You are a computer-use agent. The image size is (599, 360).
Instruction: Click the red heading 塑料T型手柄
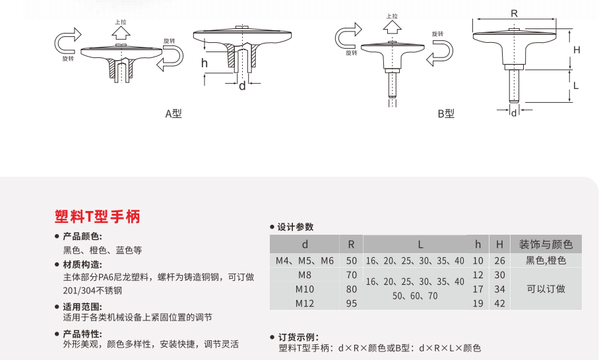pos(98,216)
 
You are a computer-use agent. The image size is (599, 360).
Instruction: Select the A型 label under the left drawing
pos(173,113)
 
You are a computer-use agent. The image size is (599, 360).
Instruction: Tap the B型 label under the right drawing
pos(446,113)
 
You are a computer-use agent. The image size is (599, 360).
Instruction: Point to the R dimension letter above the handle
pos(514,13)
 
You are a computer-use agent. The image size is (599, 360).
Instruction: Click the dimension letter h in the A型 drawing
pos(205,63)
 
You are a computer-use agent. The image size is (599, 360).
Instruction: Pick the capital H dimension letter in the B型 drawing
pos(576,50)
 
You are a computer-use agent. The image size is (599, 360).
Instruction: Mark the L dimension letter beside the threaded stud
pos(576,85)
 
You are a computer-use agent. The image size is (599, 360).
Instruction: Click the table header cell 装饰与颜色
pos(546,245)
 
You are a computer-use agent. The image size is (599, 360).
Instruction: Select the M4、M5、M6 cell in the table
pos(305,260)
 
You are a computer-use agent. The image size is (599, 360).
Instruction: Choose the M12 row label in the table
pos(305,303)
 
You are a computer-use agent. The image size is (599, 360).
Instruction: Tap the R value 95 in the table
pos(351,303)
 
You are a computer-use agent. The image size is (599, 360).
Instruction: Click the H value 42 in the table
pos(499,303)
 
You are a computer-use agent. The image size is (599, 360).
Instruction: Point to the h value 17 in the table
pos(478,289)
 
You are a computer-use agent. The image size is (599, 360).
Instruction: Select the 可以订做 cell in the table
pos(546,289)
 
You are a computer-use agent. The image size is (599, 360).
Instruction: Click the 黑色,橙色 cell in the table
pos(546,260)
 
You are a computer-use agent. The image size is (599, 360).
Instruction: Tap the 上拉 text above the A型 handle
pos(120,22)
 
